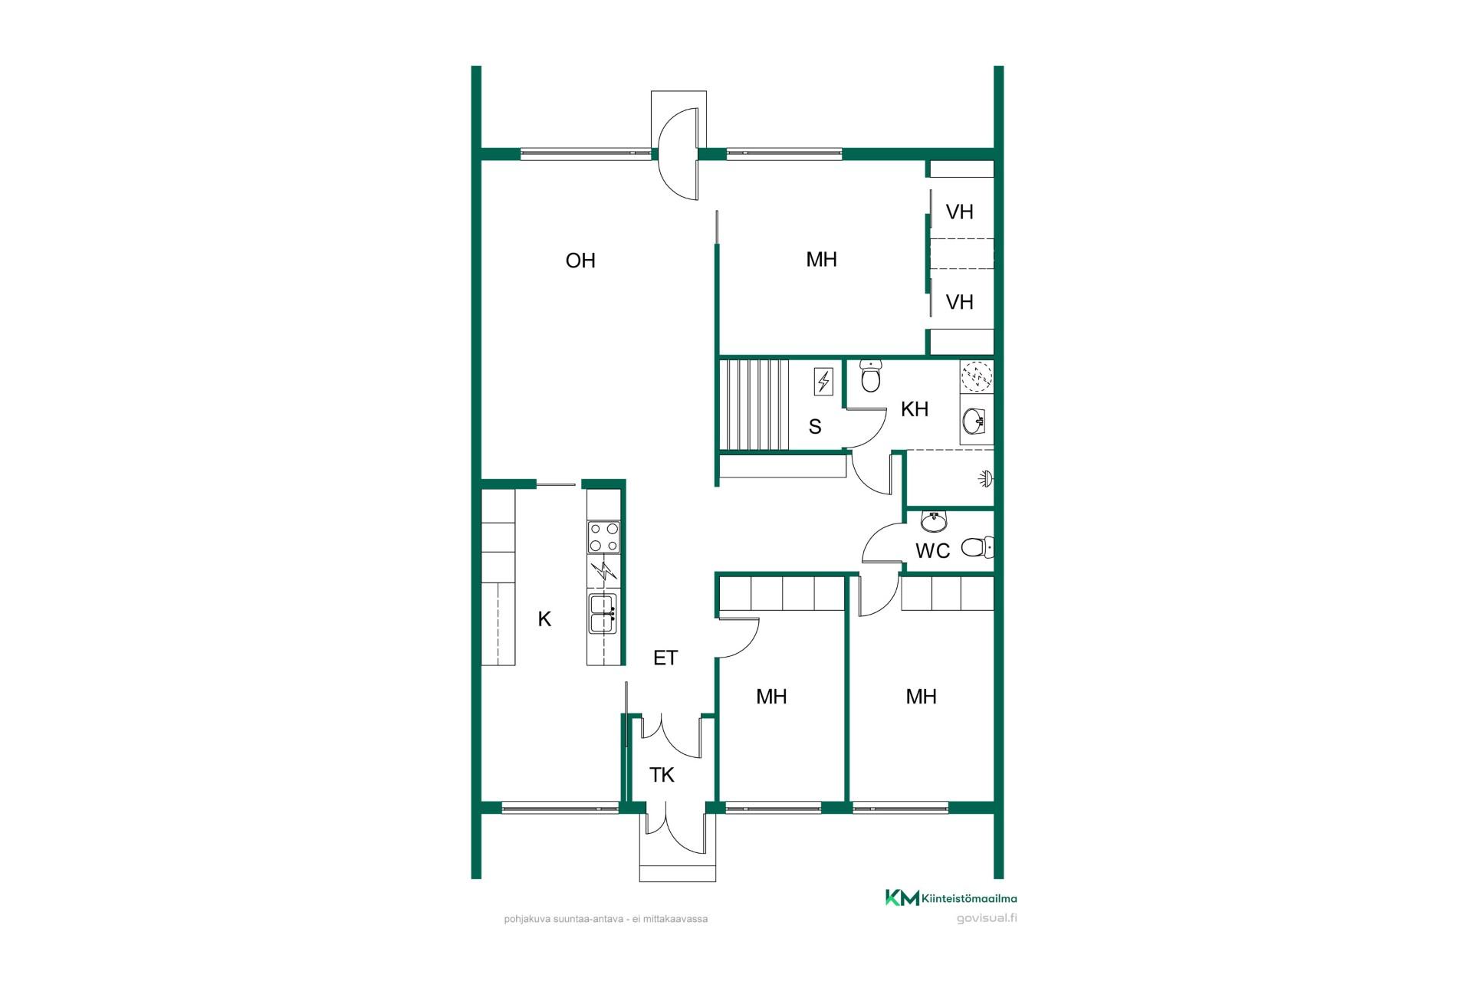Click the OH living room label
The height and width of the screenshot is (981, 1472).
pos(580,261)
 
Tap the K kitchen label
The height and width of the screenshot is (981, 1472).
pos(544,619)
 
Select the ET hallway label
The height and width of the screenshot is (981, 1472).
pos(665,658)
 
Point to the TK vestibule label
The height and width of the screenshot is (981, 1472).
pos(662,775)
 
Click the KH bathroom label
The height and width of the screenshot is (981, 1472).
pos(915,409)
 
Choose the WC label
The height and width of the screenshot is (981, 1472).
pos(932,550)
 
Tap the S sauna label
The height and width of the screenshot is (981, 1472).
pos(815,427)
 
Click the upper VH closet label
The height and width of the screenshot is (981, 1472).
pos(960,212)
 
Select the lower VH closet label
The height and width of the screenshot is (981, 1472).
pos(960,302)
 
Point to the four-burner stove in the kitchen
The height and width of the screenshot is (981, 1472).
pos(603,536)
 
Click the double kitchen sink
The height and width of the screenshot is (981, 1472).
pos(603,614)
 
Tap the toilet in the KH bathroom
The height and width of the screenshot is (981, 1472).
pos(870,375)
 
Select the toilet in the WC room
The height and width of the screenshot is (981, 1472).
pos(978,547)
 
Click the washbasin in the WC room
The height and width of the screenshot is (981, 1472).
pos(934,522)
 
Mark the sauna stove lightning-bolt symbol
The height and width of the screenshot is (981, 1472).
pos(823,381)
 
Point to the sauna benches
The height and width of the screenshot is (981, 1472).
pos(755,405)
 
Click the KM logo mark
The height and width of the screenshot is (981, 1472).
pos(902,897)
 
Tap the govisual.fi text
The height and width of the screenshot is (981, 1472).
pos(987,918)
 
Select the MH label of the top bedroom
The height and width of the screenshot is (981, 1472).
pos(821,260)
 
